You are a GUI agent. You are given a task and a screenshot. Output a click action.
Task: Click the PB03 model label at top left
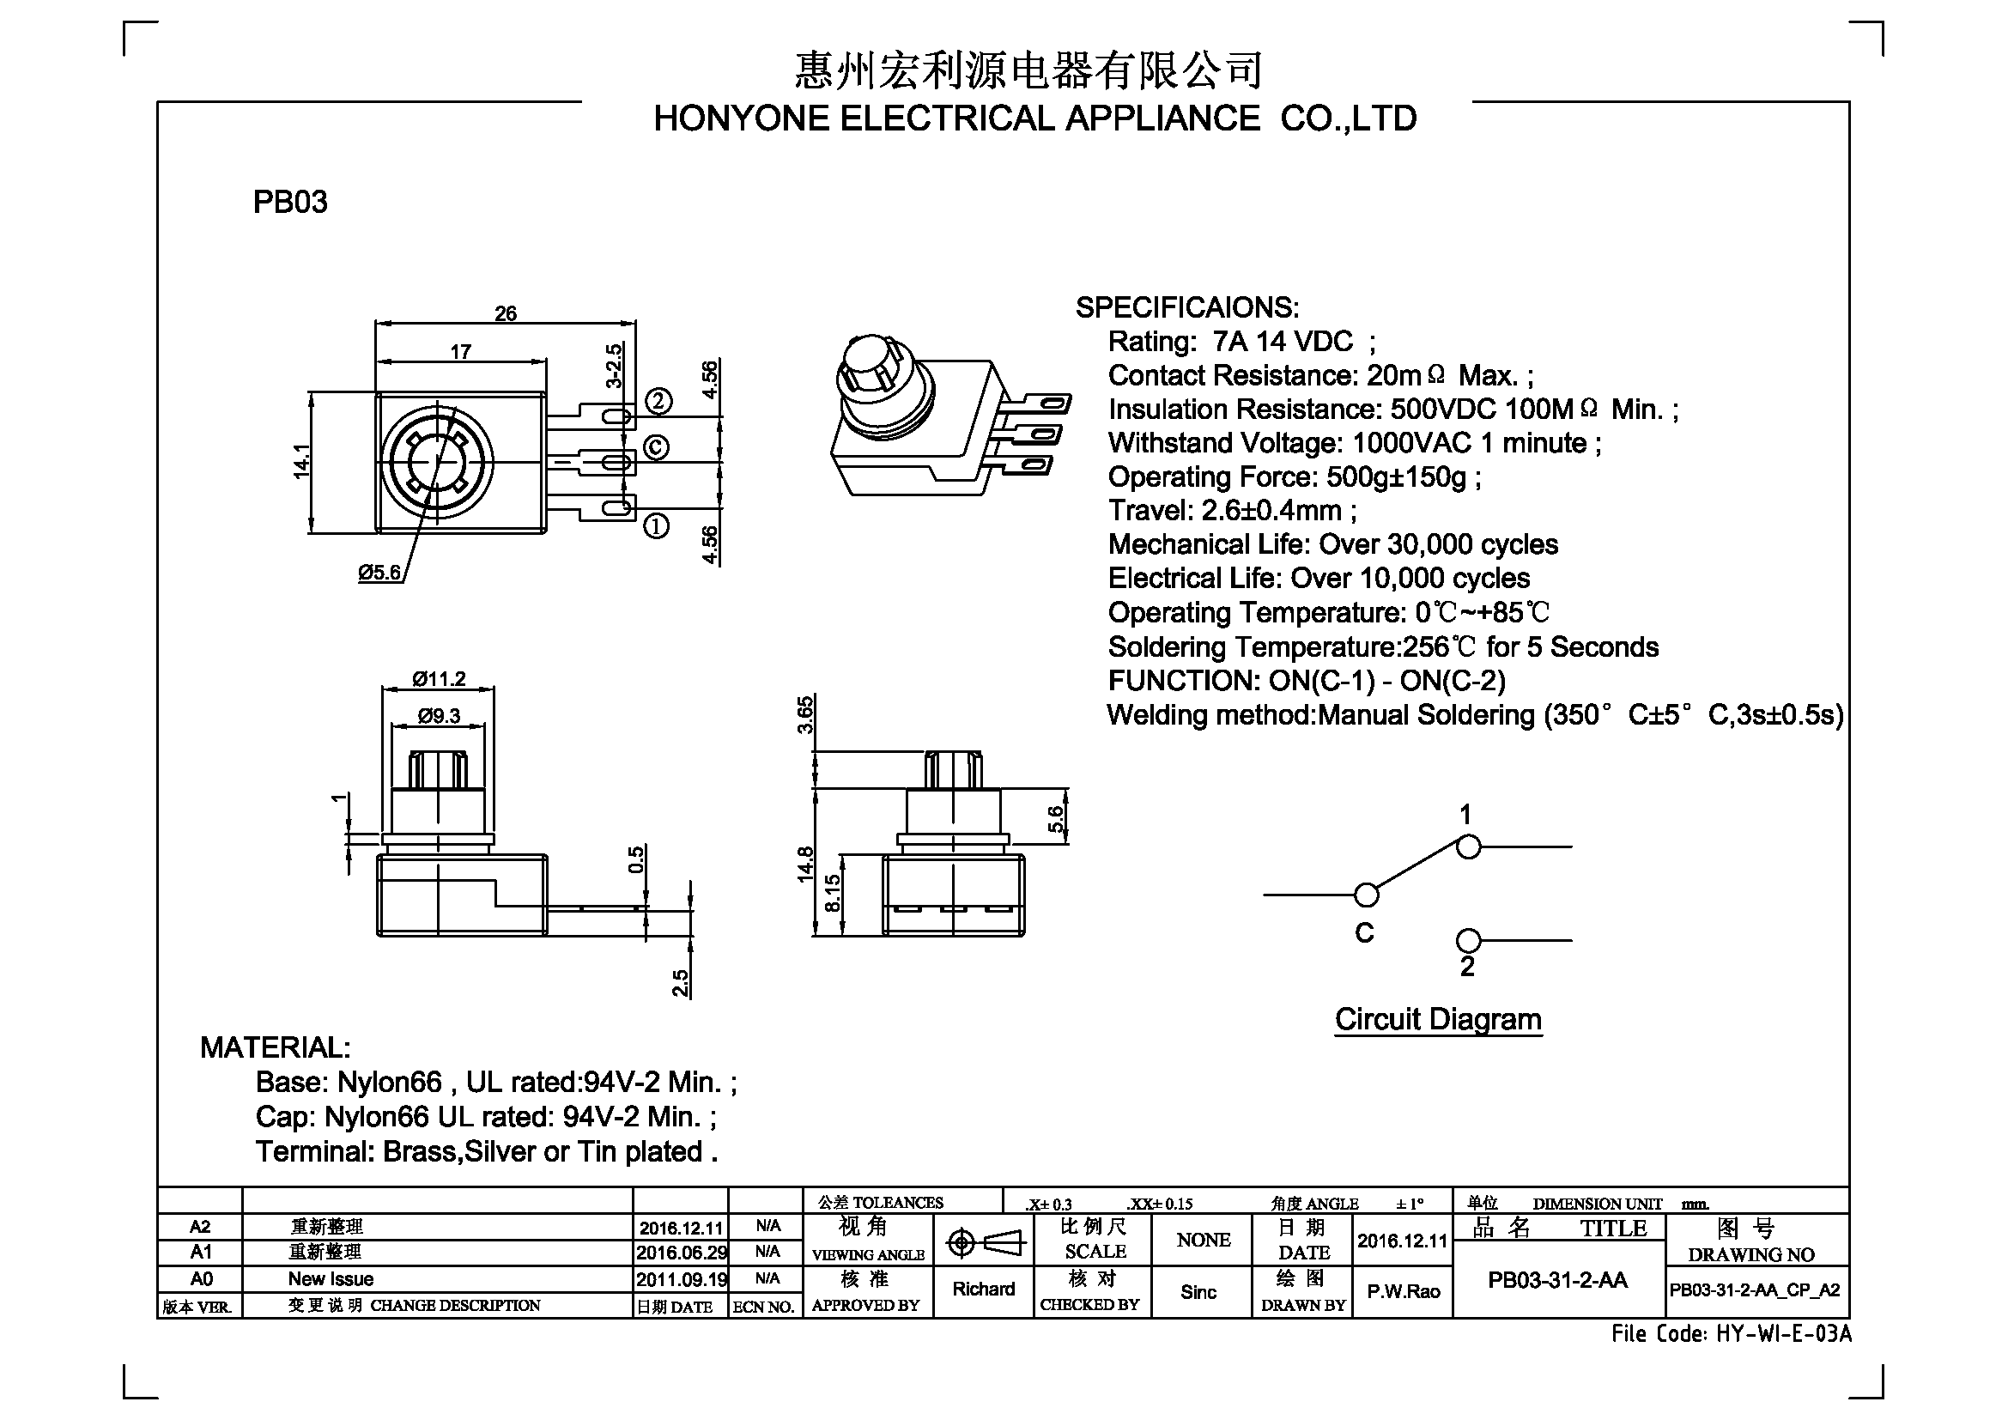[290, 202]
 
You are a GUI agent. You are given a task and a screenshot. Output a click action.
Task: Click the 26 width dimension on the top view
[506, 313]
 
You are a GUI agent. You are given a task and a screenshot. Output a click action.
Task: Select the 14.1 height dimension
[301, 462]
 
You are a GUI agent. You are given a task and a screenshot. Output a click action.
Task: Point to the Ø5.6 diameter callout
[379, 573]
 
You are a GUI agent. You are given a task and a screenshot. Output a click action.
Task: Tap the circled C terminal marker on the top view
[657, 447]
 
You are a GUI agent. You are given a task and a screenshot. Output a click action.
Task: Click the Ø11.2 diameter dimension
[439, 678]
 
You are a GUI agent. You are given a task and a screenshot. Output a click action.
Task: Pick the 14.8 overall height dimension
[805, 864]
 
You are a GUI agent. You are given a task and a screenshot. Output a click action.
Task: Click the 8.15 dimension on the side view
[833, 893]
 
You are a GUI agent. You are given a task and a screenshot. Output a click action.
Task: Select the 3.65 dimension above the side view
[805, 714]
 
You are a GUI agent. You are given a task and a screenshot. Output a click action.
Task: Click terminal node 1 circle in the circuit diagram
[1468, 847]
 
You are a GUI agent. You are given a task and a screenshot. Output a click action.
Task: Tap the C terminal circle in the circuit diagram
[1366, 895]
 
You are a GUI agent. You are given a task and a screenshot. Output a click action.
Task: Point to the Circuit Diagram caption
[1438, 1020]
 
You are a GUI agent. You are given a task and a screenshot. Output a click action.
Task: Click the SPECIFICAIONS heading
[1186, 308]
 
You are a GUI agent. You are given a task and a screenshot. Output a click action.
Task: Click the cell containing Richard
[984, 1290]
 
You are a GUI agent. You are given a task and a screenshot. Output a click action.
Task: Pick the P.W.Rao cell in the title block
[1403, 1291]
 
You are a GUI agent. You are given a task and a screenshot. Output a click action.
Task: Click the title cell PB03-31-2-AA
[1557, 1281]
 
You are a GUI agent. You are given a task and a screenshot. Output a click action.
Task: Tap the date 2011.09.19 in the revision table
[682, 1279]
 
